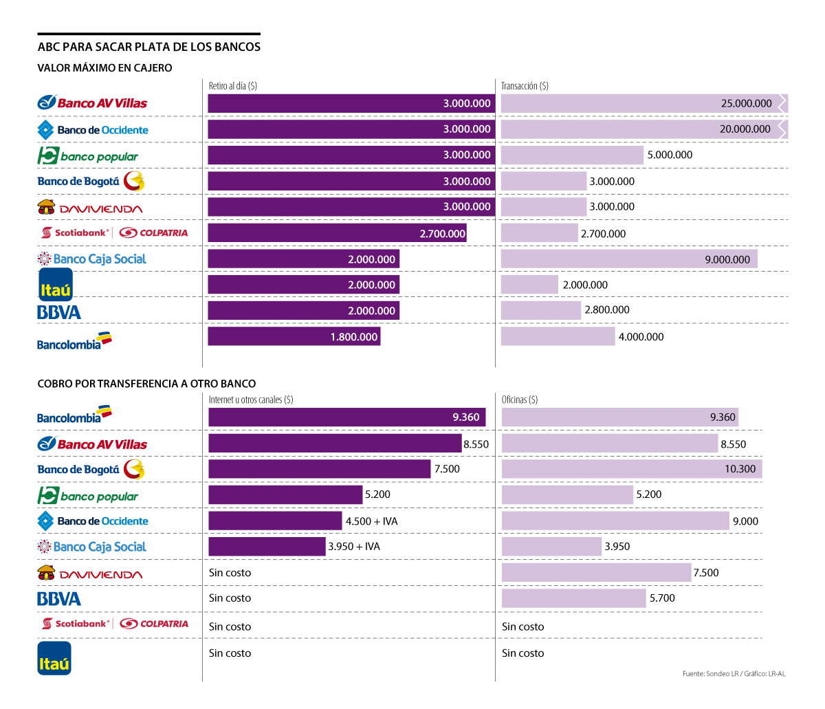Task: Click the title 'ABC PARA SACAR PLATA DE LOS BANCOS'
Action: (x=149, y=47)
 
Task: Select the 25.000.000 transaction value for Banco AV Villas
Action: (x=746, y=104)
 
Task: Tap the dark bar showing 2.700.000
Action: (x=337, y=233)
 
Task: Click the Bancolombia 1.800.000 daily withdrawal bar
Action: (x=294, y=336)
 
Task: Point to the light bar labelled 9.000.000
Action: (x=629, y=259)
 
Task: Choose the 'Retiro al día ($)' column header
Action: (x=233, y=86)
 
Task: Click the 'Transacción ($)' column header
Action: (x=525, y=86)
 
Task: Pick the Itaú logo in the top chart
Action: (x=55, y=285)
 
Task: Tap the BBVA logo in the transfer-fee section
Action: (x=59, y=599)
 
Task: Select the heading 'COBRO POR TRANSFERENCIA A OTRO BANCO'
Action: (x=146, y=384)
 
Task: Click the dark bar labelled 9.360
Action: (x=346, y=417)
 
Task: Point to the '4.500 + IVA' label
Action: (x=371, y=521)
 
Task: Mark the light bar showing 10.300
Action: (x=632, y=469)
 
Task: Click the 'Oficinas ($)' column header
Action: (x=520, y=400)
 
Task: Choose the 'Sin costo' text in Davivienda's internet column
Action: (x=230, y=573)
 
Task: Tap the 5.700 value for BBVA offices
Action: (x=662, y=598)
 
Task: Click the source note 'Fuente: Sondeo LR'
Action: (x=710, y=673)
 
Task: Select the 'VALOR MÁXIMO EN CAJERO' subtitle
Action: (x=104, y=68)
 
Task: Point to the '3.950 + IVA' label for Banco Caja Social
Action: (x=354, y=547)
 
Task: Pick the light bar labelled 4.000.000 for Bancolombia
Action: (x=558, y=336)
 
